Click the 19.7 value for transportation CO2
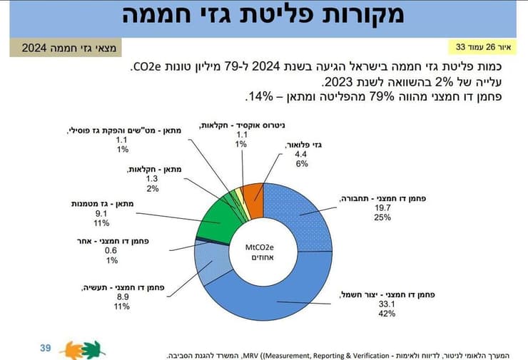point(381,207)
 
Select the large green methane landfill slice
point(217,217)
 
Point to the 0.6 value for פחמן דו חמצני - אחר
point(112,250)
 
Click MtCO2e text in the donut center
point(263,247)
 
